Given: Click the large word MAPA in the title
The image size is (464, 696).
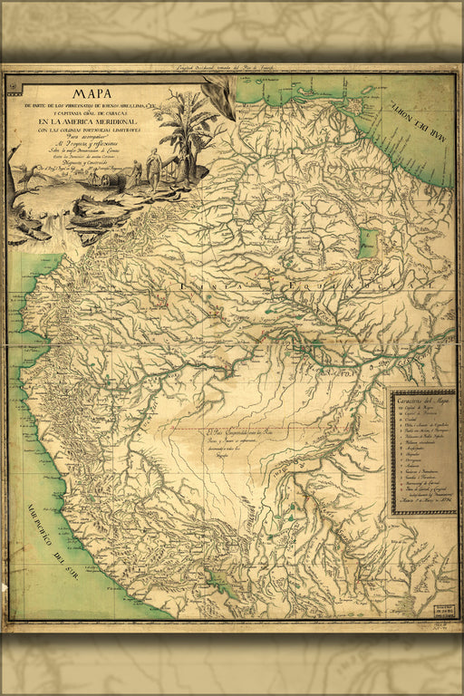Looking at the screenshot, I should click(x=101, y=92).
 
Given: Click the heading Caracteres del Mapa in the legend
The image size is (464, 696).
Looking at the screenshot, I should click(x=423, y=400).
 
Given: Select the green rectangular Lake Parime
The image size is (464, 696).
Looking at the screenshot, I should click(x=366, y=243).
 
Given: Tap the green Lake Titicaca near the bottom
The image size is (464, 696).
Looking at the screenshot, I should click(x=217, y=581).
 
